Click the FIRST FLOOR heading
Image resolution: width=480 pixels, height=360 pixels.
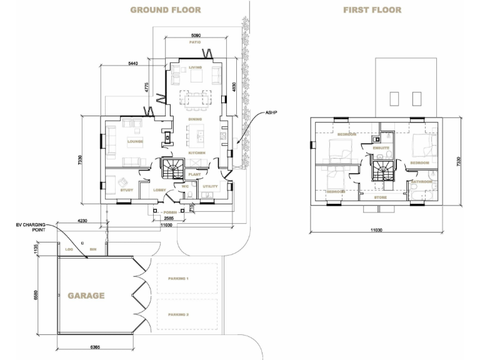372,10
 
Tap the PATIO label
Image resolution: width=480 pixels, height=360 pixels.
196,44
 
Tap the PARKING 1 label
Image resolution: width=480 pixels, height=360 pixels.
178,279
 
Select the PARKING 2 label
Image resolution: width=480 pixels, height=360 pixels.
178,314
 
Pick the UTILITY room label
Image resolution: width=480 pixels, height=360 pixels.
210,186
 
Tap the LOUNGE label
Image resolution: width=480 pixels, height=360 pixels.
136,141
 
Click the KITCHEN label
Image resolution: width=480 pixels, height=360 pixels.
197,152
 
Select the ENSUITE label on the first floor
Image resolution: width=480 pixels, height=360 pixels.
382,148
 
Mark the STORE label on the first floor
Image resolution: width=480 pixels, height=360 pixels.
381,197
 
